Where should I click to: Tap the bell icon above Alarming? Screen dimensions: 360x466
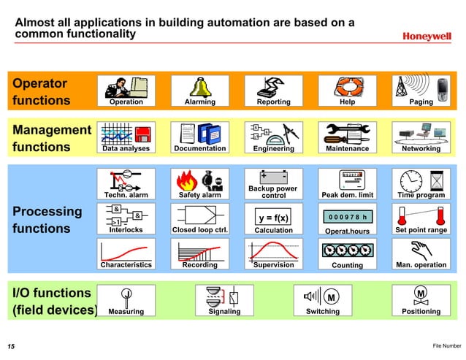point(199,85)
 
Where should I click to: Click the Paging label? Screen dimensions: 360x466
point(421,102)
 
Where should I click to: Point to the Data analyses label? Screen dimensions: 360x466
point(126,148)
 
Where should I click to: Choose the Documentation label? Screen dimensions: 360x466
point(199,148)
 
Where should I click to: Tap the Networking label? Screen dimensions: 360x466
point(421,148)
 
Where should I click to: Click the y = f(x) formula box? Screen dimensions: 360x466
point(273,218)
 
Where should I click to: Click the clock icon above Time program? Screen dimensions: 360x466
point(412,179)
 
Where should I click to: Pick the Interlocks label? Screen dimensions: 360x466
point(126,230)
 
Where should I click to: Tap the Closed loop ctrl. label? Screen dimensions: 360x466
point(199,230)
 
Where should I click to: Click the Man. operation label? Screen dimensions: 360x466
point(421,265)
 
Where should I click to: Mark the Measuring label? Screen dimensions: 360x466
point(126,312)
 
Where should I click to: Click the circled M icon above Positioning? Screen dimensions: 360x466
point(421,294)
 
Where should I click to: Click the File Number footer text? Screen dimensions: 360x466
point(446,345)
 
